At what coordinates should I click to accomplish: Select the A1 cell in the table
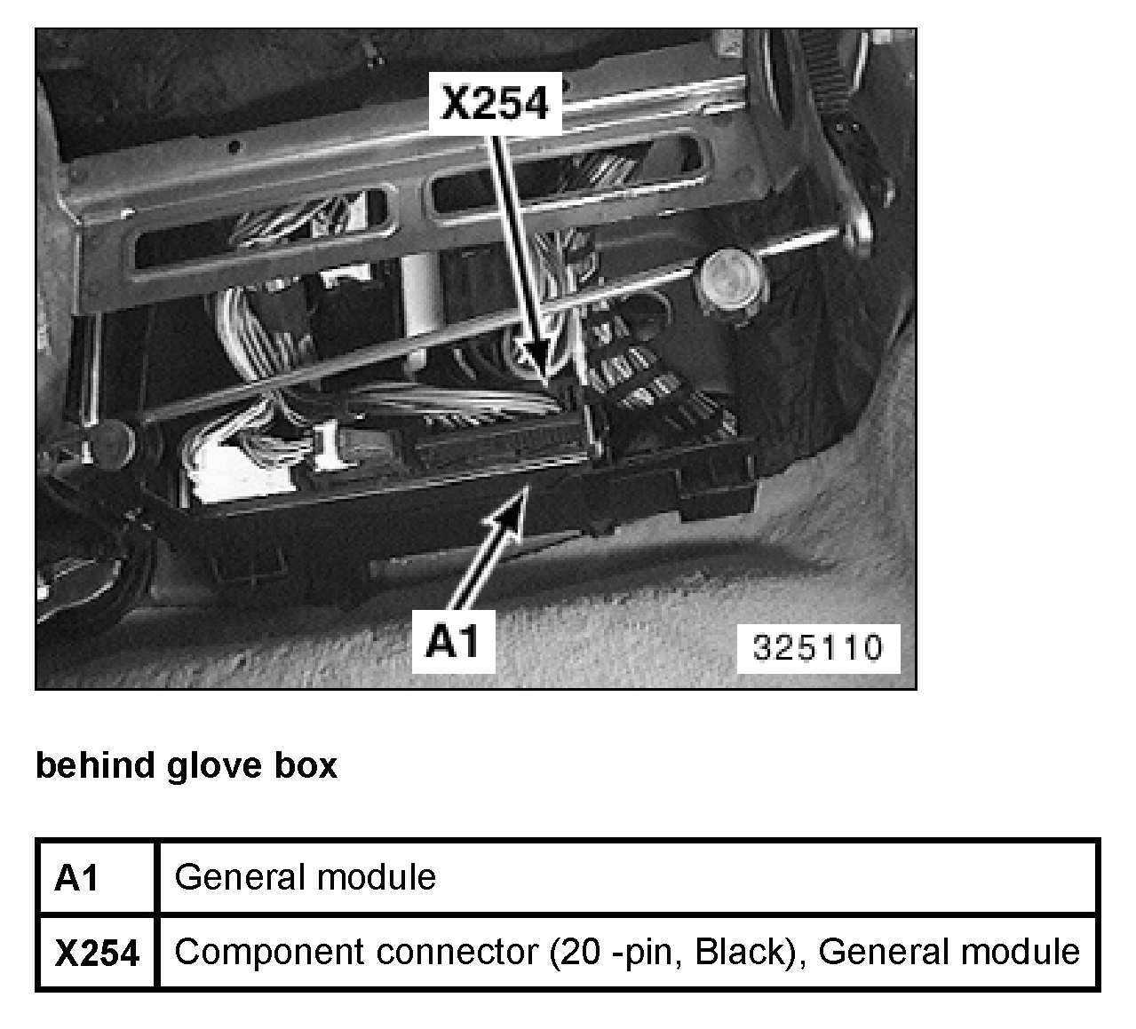tap(77, 878)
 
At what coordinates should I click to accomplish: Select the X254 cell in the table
tap(97, 953)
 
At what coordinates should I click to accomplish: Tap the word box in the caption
tap(310, 764)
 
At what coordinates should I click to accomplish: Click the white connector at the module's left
tap(218, 471)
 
